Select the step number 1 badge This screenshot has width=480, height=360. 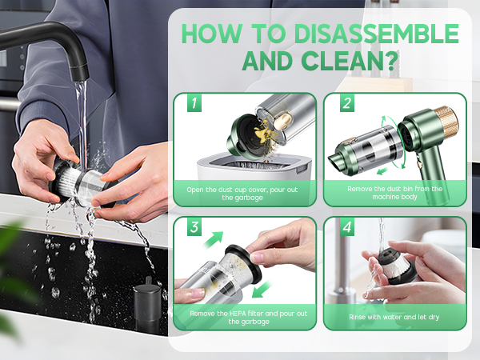pos(194,103)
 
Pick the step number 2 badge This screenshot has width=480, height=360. pos(347,103)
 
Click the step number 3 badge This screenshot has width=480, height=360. pos(194,227)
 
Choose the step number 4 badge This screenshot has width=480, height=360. pos(347,227)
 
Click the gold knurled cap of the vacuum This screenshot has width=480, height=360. pos(447,122)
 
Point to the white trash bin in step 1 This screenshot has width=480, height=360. pos(254,167)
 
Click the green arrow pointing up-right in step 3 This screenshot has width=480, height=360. pos(213,240)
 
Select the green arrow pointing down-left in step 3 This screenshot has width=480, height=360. pos(262,290)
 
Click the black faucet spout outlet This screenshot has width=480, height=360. pos(80,74)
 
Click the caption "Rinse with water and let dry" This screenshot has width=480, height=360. pos(394,317)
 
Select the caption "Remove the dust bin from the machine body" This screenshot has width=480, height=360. pos(395,193)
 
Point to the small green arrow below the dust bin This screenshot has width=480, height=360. pos(382,171)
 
